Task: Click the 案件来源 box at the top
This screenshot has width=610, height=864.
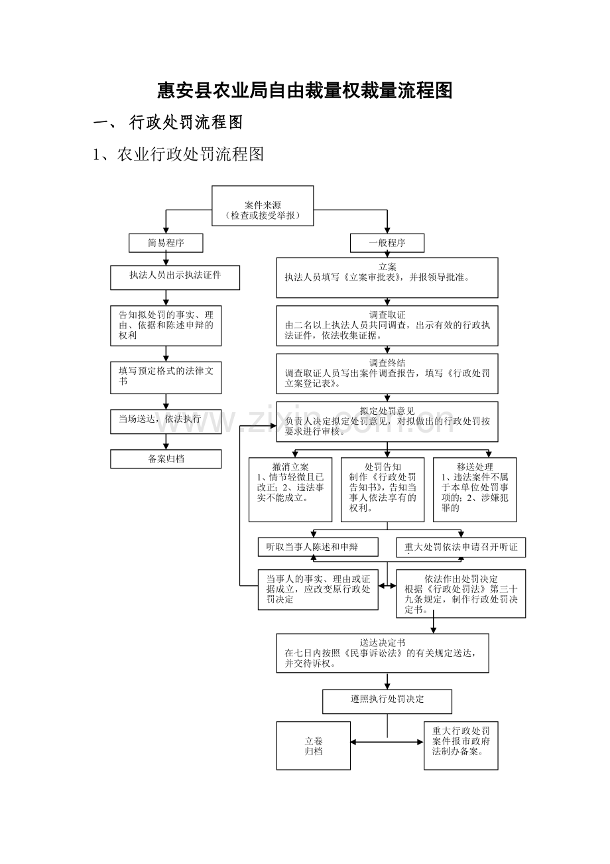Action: (263, 206)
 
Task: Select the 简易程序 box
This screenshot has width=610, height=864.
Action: (166, 243)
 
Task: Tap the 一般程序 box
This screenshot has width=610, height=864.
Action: (387, 243)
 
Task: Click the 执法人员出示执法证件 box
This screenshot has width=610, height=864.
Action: (175, 277)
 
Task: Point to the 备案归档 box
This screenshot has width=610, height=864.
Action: (166, 459)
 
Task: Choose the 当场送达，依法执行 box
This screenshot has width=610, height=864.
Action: (166, 421)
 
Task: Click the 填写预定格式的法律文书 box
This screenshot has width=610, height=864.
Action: (166, 377)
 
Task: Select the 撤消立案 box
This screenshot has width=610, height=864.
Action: (290, 489)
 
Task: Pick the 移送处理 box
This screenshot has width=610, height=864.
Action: (475, 489)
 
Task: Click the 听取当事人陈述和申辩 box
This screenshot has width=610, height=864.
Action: (318, 547)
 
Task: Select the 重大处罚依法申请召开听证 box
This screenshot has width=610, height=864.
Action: (461, 547)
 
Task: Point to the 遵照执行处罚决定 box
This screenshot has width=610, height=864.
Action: (387, 701)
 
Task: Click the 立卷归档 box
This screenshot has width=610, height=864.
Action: (314, 745)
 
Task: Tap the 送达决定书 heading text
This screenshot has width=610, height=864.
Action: (383, 642)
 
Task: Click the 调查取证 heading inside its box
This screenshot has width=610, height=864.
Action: (387, 315)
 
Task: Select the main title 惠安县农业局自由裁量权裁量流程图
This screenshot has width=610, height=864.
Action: (305, 91)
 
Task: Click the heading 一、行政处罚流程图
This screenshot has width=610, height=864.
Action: (168, 123)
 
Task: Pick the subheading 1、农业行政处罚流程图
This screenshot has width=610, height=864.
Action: (179, 155)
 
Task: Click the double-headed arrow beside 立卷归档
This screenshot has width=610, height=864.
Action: (387, 743)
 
